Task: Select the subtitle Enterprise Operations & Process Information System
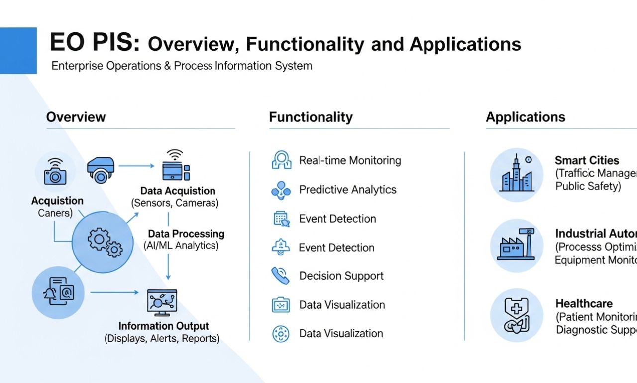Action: [x=182, y=66]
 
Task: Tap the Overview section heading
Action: [x=76, y=117]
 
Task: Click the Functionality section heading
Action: [x=311, y=117]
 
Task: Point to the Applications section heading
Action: [x=525, y=117]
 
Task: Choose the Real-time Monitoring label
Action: [x=349, y=160]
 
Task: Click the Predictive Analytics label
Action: [x=347, y=190]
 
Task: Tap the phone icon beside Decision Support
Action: [x=281, y=276]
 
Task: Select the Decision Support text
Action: [x=341, y=276]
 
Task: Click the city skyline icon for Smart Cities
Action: [x=516, y=174]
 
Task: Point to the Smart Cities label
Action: [x=587, y=160]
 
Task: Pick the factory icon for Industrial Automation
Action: [x=516, y=245]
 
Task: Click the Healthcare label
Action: [x=584, y=303]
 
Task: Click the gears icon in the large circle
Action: [x=105, y=243]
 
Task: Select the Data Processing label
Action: [x=186, y=234]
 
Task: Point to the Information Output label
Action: [x=163, y=326]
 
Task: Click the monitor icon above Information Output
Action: [x=162, y=302]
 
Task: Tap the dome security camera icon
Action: [x=101, y=170]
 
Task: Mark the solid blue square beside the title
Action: [x=18, y=50]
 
